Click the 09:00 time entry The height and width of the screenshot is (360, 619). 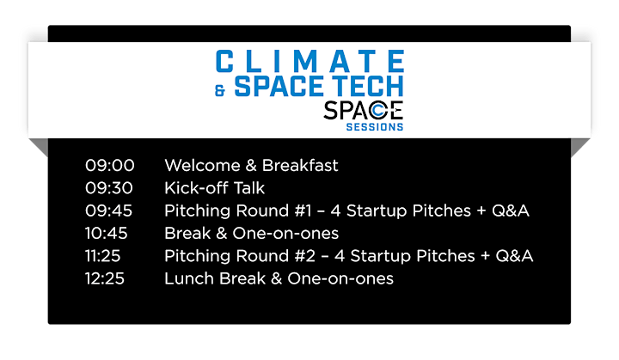(x=110, y=166)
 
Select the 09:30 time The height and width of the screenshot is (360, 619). (x=109, y=188)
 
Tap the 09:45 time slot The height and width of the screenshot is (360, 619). (x=108, y=211)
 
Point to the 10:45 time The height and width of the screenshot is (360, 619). (x=107, y=234)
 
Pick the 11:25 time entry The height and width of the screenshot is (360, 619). (x=102, y=256)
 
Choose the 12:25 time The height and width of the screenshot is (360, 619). (x=105, y=278)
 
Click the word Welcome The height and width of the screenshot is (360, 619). (x=202, y=166)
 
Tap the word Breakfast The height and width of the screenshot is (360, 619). (x=300, y=166)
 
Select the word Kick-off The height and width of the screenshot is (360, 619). (x=195, y=188)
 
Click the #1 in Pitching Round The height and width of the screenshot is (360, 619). (x=303, y=211)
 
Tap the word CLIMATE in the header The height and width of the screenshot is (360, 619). (x=309, y=61)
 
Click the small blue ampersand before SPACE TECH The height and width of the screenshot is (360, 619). (x=220, y=90)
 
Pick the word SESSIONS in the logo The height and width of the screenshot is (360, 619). (x=375, y=126)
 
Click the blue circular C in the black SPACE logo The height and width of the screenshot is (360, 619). (x=377, y=111)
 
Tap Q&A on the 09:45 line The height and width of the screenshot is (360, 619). (x=510, y=211)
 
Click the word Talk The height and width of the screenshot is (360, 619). (x=249, y=188)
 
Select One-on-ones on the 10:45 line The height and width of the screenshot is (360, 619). (x=285, y=234)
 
